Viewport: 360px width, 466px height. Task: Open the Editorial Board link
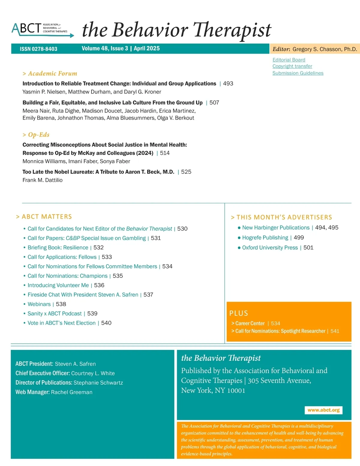(x=289, y=60)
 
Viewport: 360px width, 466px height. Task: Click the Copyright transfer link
(x=292, y=66)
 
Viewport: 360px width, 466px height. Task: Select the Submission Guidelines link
(x=298, y=73)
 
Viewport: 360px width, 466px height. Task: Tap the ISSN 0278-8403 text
(x=38, y=49)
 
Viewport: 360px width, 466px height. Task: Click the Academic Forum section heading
(x=50, y=74)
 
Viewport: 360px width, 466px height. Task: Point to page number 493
(x=228, y=83)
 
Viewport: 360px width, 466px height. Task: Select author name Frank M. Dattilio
(x=43, y=180)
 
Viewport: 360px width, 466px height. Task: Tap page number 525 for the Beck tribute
(x=186, y=172)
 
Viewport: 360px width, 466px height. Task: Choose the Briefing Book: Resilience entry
(x=58, y=248)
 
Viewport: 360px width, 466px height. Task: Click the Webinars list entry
(x=39, y=304)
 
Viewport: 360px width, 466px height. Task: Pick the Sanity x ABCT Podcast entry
(x=55, y=314)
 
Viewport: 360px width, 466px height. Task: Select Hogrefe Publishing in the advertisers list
(x=265, y=238)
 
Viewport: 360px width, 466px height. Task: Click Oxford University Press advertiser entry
(x=270, y=248)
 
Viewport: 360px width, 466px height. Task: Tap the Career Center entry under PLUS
(x=250, y=323)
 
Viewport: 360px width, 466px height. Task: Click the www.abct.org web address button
(x=323, y=410)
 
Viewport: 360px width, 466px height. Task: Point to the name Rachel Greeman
(x=71, y=392)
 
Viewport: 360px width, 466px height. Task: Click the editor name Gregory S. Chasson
(x=324, y=49)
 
